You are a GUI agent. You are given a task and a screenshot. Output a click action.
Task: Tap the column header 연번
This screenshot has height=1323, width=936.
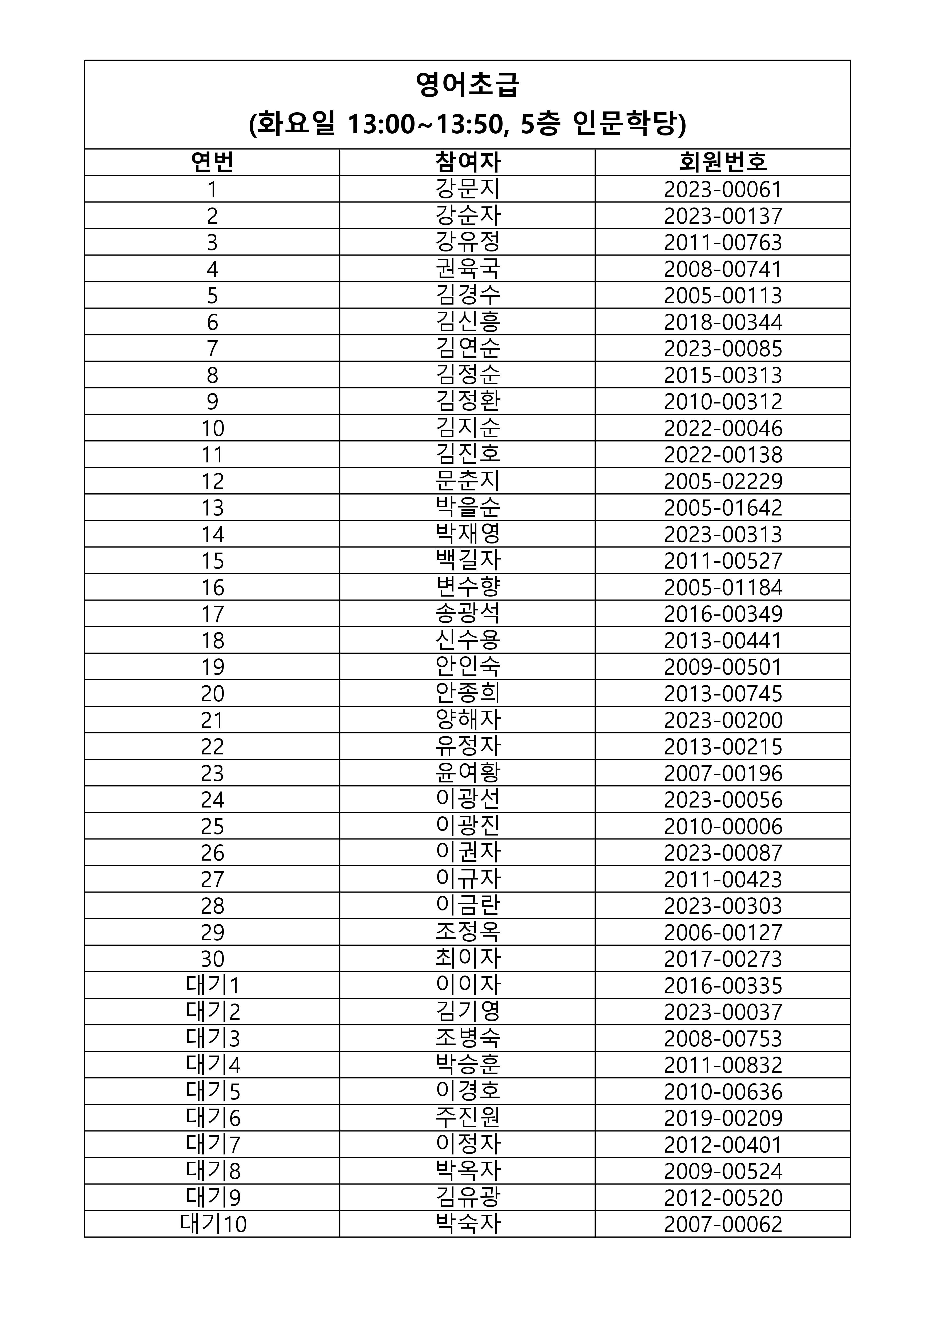point(212,162)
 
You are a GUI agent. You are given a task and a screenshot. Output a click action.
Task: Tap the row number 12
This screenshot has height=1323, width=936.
point(212,481)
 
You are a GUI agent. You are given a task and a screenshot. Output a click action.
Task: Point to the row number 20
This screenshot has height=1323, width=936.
point(212,693)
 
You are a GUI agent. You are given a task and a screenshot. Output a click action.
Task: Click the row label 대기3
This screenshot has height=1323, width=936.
point(212,1038)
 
